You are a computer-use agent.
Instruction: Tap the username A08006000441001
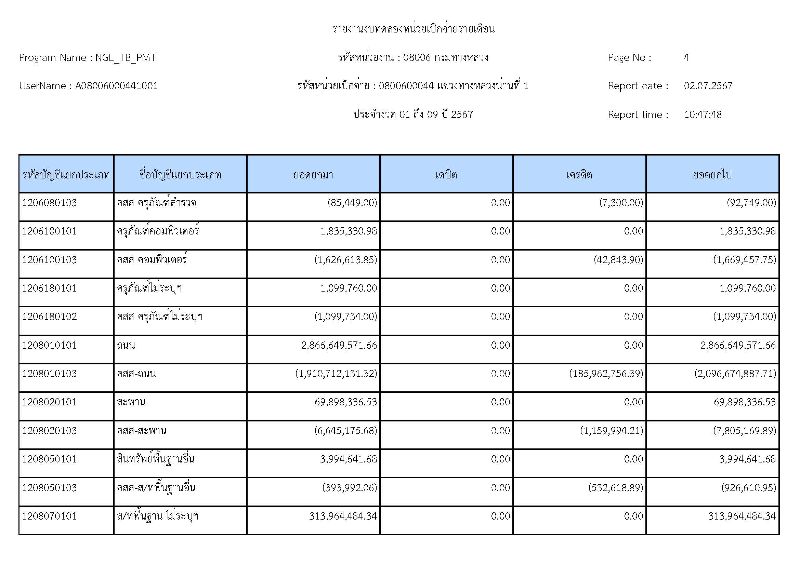coord(116,86)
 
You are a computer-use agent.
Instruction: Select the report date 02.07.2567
coord(708,86)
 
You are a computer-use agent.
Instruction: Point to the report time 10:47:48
coord(703,115)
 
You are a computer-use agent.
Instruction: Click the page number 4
coord(686,57)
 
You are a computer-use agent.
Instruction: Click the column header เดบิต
coord(446,174)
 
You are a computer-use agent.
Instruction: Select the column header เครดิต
coord(579,174)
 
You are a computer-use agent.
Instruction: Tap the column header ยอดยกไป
coord(712,174)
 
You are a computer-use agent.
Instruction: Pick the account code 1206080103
coord(50,203)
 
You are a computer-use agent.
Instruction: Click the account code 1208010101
coord(50,345)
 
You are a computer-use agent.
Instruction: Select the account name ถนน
coord(126,345)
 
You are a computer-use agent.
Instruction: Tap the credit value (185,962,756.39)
coord(606,374)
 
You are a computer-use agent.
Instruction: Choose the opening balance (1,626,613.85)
coord(346,260)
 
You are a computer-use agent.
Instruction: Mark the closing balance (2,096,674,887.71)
coord(735,374)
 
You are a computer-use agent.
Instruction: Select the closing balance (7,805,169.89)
coord(745,431)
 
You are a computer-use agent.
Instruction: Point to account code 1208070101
coord(50,516)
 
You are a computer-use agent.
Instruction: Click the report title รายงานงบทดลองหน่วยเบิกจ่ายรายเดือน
coord(413,29)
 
